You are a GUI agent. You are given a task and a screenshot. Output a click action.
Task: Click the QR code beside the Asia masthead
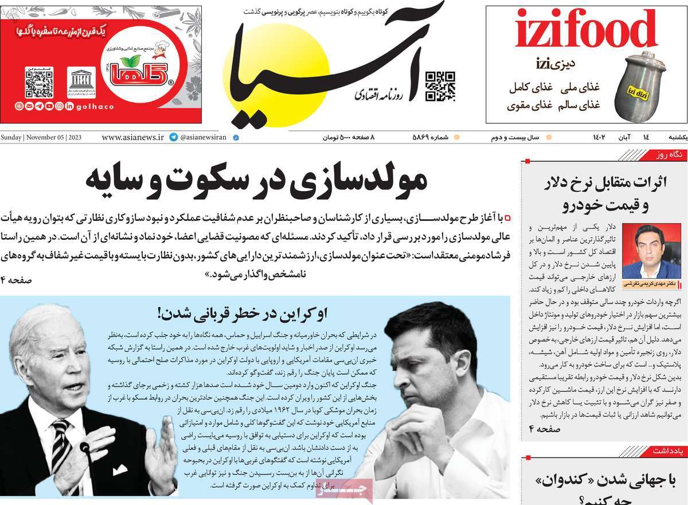[x=440, y=87]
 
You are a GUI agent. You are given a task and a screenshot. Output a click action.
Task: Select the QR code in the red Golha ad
[x=39, y=81]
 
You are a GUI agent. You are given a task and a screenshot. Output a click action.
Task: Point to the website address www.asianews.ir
[x=132, y=138]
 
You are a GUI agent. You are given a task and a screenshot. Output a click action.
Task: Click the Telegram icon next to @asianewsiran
[x=173, y=138]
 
